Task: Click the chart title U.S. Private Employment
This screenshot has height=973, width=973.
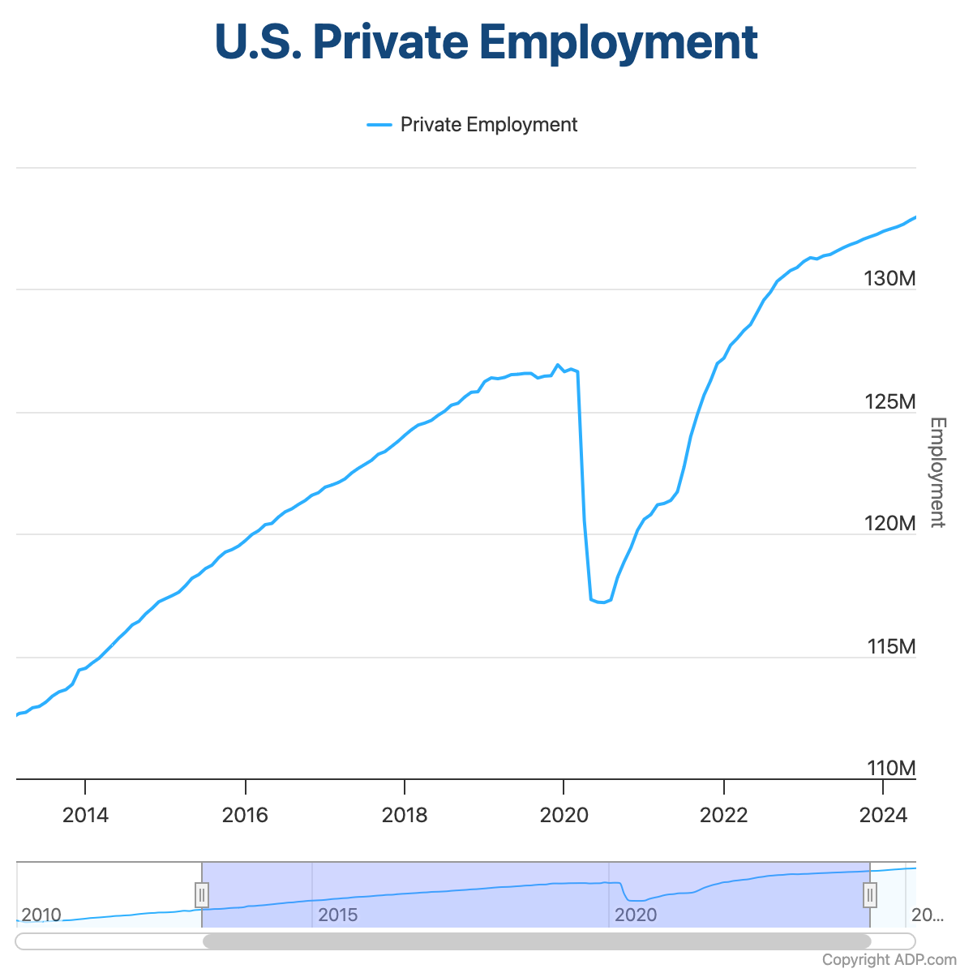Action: pyautogui.click(x=486, y=42)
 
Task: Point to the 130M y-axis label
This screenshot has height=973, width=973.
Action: pyautogui.click(x=889, y=279)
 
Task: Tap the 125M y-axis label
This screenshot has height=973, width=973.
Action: pyautogui.click(x=889, y=402)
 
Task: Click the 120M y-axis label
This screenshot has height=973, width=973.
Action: pyautogui.click(x=889, y=524)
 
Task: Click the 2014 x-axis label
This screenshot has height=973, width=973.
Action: pyautogui.click(x=85, y=815)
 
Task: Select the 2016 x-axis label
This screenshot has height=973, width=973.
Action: pyautogui.click(x=245, y=815)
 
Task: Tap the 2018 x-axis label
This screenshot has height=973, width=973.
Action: pyautogui.click(x=405, y=815)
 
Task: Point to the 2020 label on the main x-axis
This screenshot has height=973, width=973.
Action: pyautogui.click(x=564, y=815)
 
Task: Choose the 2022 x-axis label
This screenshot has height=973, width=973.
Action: pyautogui.click(x=724, y=815)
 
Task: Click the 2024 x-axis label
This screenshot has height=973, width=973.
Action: pyautogui.click(x=883, y=815)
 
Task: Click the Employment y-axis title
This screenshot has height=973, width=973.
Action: pyautogui.click(x=937, y=472)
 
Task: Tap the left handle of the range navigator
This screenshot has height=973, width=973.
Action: pyautogui.click(x=202, y=895)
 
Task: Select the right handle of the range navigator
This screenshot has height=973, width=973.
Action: pyautogui.click(x=870, y=895)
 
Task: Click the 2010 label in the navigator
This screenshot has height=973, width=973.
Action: pyautogui.click(x=41, y=915)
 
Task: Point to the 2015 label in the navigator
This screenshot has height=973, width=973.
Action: pyautogui.click(x=338, y=915)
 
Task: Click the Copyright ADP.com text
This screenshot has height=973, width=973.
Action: pyautogui.click(x=889, y=960)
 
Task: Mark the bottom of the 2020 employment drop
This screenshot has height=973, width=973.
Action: pyautogui.click(x=601, y=602)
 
